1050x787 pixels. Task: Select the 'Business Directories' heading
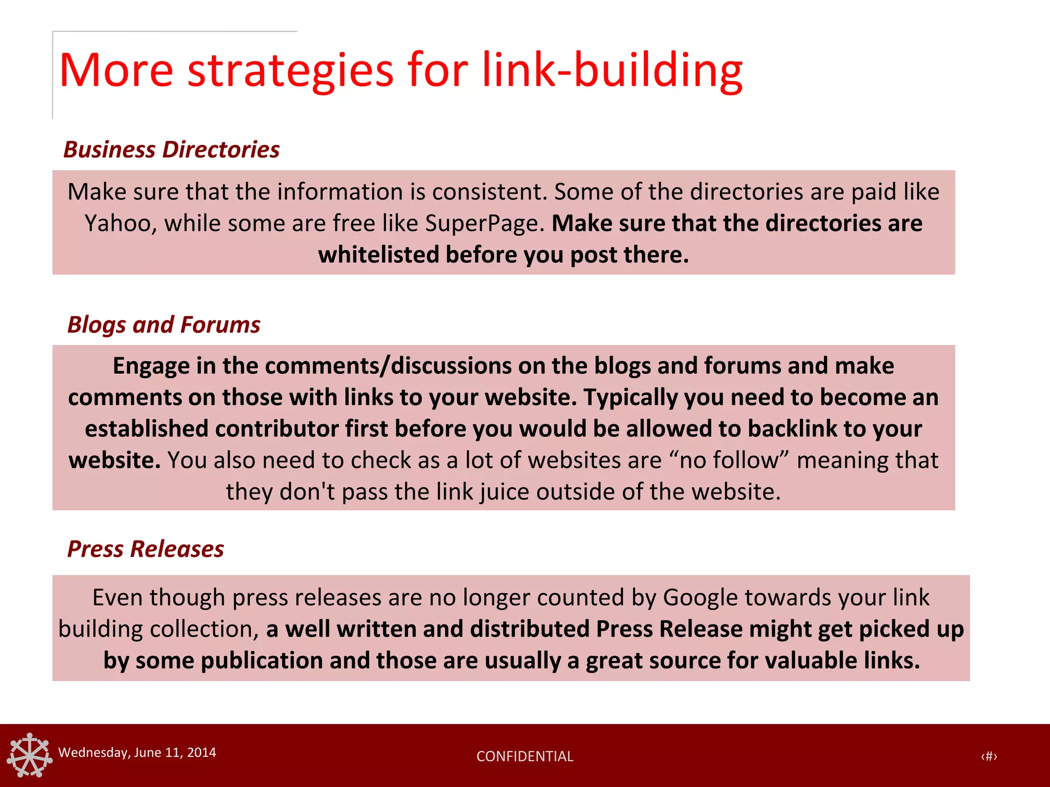[x=171, y=150]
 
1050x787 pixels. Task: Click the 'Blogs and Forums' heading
[x=164, y=325]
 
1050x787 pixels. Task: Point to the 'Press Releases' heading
[x=146, y=549]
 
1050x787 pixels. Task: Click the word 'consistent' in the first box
[x=489, y=192]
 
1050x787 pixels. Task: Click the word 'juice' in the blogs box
[x=504, y=492]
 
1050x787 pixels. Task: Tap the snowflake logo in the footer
[x=30, y=755]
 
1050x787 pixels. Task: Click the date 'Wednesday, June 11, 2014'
[x=137, y=752]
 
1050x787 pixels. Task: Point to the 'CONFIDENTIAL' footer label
[x=524, y=756]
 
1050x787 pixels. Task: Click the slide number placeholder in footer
[x=988, y=756]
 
